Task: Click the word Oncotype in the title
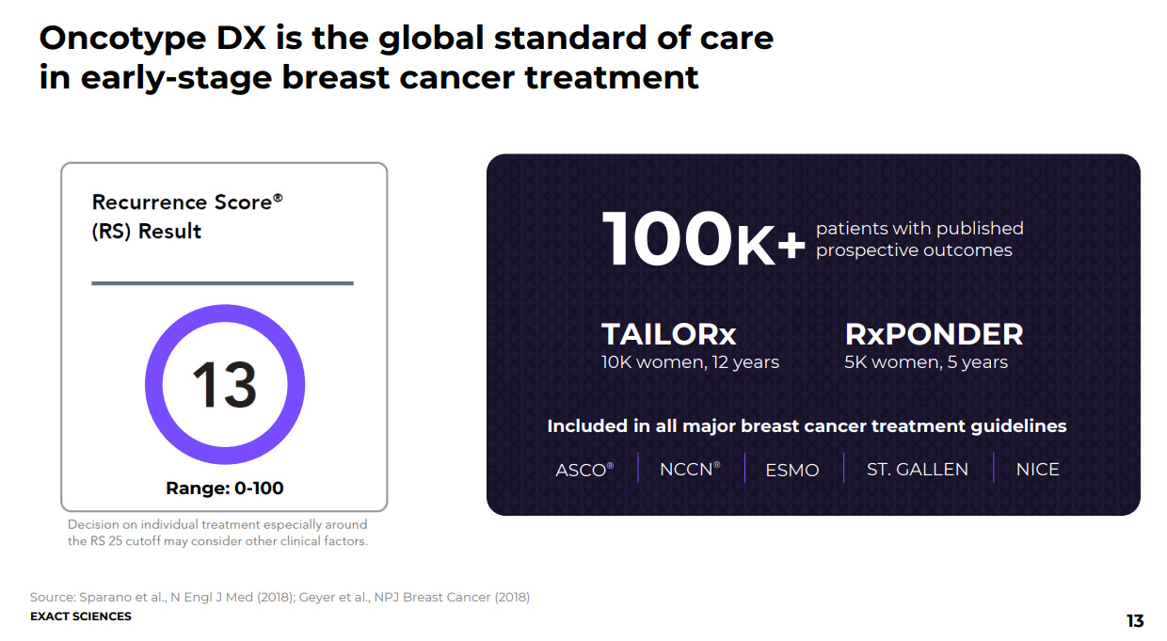pyautogui.click(x=122, y=40)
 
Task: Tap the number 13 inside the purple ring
pyautogui.click(x=225, y=385)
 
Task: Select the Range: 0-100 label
pyautogui.click(x=225, y=489)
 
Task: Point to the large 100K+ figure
pyautogui.click(x=703, y=239)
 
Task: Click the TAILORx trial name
pyautogui.click(x=669, y=334)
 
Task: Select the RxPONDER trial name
pyautogui.click(x=935, y=334)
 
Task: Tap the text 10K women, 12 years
pyautogui.click(x=690, y=362)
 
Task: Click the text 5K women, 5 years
pyautogui.click(x=926, y=362)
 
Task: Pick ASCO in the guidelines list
pyautogui.click(x=581, y=470)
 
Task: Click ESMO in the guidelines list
pyautogui.click(x=791, y=470)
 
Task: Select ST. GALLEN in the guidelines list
pyautogui.click(x=918, y=470)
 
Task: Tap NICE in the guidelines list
pyautogui.click(x=1038, y=470)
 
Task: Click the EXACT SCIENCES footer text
pyautogui.click(x=81, y=617)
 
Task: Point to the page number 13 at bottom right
pyautogui.click(x=1135, y=621)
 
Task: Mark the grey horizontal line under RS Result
pyautogui.click(x=222, y=283)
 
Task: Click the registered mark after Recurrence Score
pyautogui.click(x=278, y=198)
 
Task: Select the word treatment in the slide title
pyautogui.click(x=612, y=78)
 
